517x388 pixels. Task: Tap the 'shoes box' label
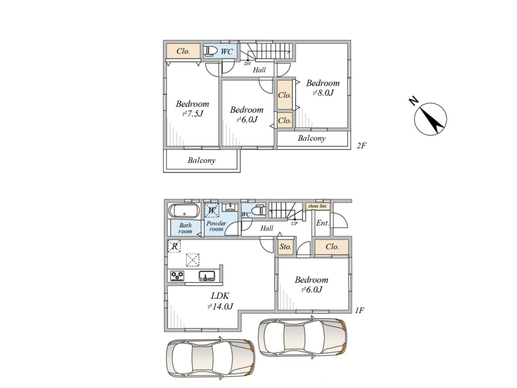click(317, 206)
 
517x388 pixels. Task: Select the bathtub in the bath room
click(184, 211)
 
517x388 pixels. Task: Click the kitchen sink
click(207, 276)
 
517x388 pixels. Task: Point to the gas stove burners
click(177, 276)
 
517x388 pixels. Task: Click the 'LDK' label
click(220, 296)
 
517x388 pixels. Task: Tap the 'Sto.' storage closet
click(286, 246)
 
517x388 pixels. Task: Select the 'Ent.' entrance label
click(322, 223)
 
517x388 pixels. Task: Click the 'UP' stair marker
click(294, 223)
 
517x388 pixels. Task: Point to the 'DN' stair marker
click(247, 63)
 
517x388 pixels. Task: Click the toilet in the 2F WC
click(211, 51)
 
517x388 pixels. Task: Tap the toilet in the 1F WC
click(258, 210)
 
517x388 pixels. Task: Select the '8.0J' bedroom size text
click(323, 93)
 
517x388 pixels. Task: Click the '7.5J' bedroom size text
click(193, 114)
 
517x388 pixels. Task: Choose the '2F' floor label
click(362, 145)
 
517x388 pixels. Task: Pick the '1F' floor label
click(360, 310)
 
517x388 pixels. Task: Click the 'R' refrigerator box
click(174, 246)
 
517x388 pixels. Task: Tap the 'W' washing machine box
click(211, 210)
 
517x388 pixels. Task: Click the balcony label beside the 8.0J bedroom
click(312, 138)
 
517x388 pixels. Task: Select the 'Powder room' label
click(216, 226)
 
